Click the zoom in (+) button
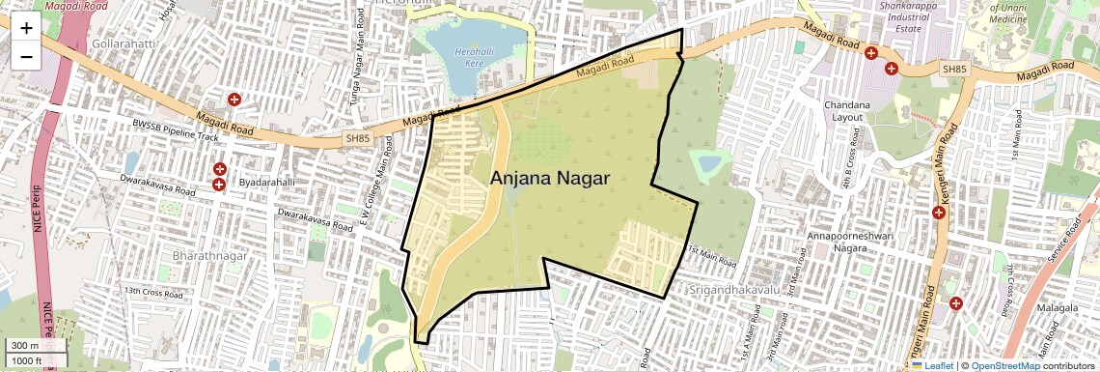point(26,28)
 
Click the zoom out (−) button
point(26,56)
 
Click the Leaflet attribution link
point(932,365)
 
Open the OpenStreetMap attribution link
point(1004,365)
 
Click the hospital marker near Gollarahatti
point(234,100)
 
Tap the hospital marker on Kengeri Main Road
point(938,213)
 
